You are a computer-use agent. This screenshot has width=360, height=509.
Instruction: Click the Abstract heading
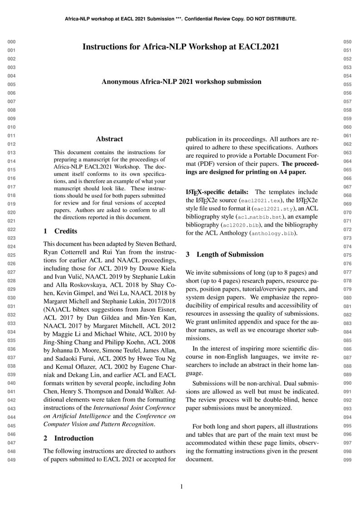(x=109, y=139)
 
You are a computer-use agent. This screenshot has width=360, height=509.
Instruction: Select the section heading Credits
(x=65, y=231)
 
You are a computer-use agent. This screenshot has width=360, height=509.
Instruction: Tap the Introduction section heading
(x=74, y=438)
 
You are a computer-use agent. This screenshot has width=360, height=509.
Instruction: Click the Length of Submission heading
(x=230, y=255)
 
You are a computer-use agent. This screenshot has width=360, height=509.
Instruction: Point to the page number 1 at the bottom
(x=181, y=487)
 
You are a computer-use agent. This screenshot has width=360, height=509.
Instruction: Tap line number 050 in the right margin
(x=348, y=42)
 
